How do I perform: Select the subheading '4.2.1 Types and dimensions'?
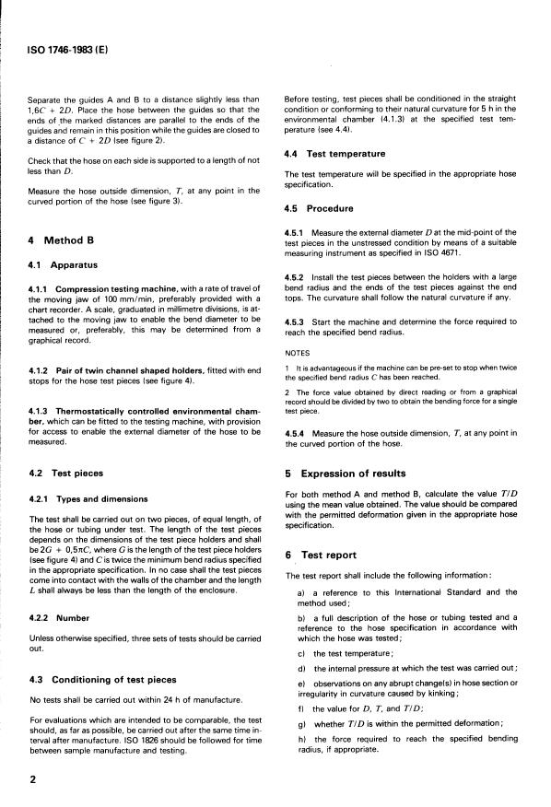coord(88,500)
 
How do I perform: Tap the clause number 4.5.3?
coord(299,321)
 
